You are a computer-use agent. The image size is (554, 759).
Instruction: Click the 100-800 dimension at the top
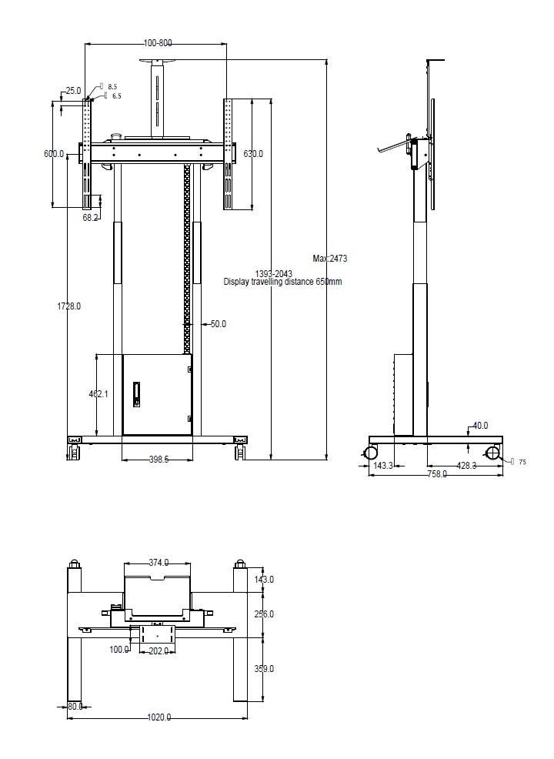point(158,44)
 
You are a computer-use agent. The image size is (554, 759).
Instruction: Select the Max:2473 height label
point(330,259)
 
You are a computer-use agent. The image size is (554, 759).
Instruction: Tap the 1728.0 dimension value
point(68,306)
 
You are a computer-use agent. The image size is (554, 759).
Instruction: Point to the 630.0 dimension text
point(253,154)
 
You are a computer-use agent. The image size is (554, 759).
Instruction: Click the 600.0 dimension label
point(54,154)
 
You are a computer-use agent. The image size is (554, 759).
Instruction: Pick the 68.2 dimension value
point(91,218)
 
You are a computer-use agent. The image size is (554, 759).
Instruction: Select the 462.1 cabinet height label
point(98,393)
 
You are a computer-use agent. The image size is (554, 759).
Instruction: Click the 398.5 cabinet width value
point(157,460)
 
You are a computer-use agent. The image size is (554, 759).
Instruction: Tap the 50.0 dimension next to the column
point(218,324)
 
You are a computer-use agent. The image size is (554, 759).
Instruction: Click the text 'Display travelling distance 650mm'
point(282,283)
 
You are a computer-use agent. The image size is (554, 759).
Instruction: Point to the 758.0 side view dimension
point(437,474)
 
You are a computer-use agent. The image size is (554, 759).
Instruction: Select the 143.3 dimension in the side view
point(383,466)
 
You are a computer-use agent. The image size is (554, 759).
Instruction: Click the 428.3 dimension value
point(466,466)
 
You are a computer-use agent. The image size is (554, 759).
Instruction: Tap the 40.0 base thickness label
point(480,426)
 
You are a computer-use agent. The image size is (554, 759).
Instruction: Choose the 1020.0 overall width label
point(159,717)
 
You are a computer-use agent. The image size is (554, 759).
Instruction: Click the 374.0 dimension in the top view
point(158,563)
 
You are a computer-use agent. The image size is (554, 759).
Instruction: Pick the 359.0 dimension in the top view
point(264,669)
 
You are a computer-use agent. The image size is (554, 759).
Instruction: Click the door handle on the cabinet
point(137,393)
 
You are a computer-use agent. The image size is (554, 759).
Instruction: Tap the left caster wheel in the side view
point(369,452)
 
